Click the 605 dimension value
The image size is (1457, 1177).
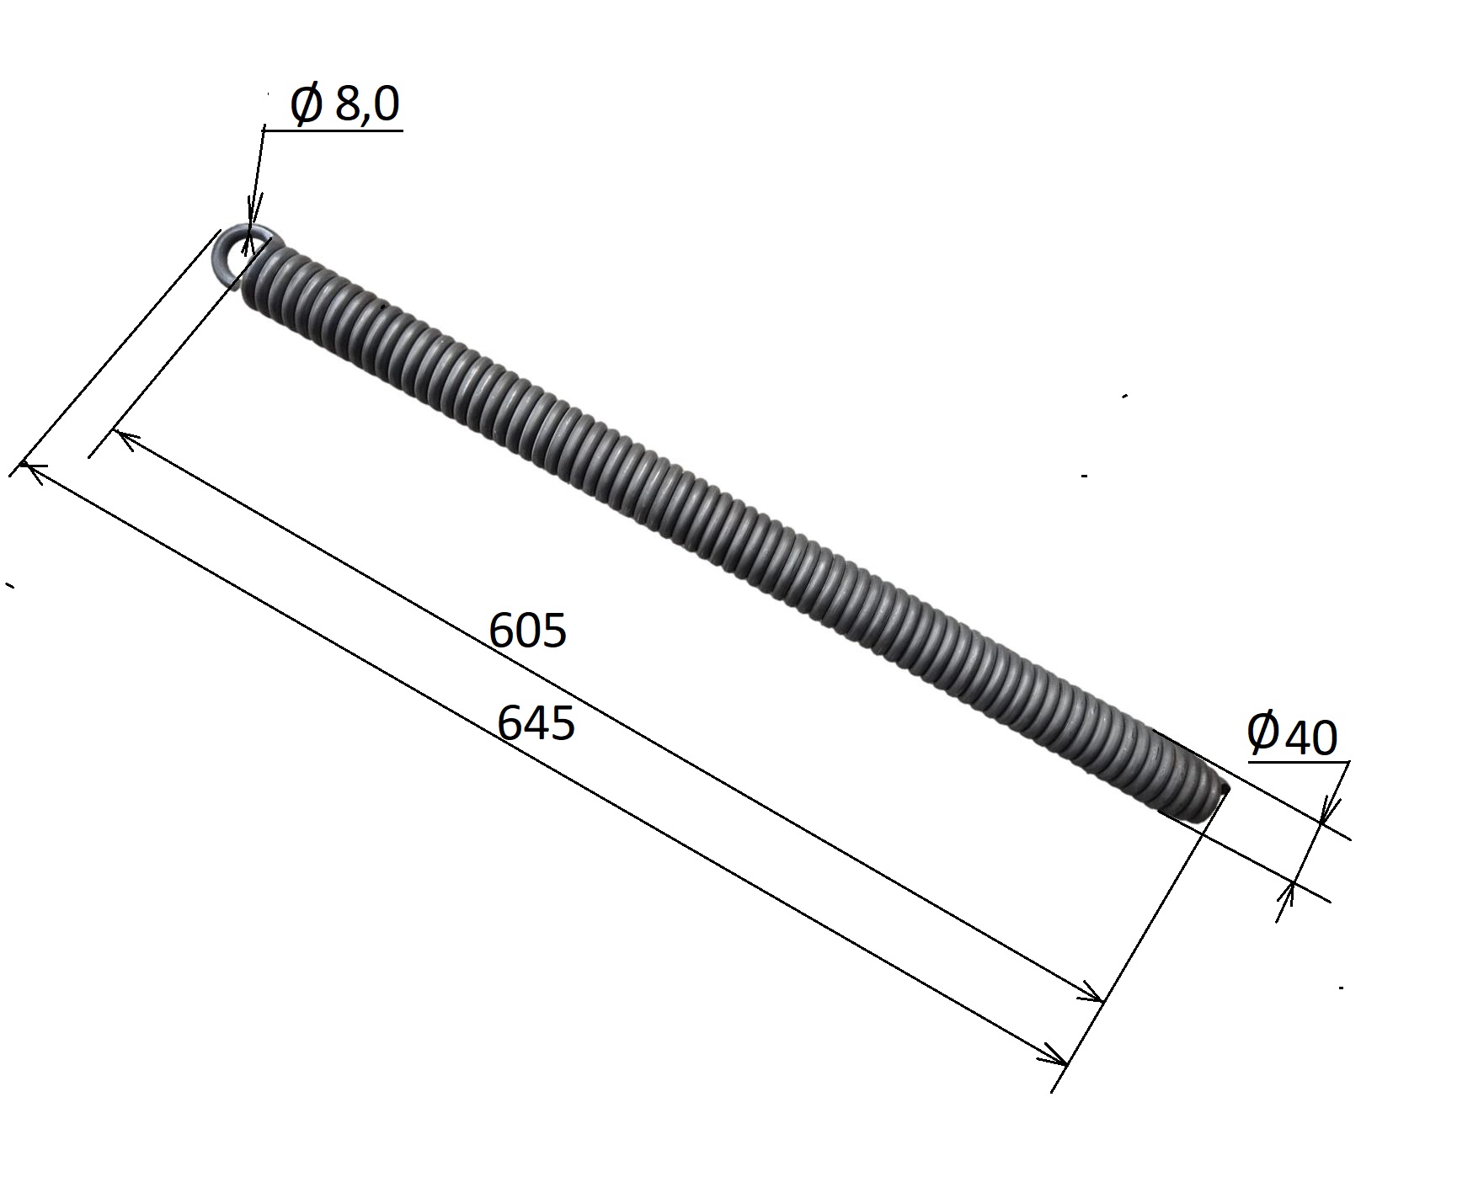click(528, 631)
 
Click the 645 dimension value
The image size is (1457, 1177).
click(536, 722)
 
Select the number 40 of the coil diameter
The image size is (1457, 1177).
click(1311, 738)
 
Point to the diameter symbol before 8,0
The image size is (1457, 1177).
click(306, 105)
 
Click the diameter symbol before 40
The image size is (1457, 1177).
click(1262, 731)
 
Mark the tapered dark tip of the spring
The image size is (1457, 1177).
click(1194, 780)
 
